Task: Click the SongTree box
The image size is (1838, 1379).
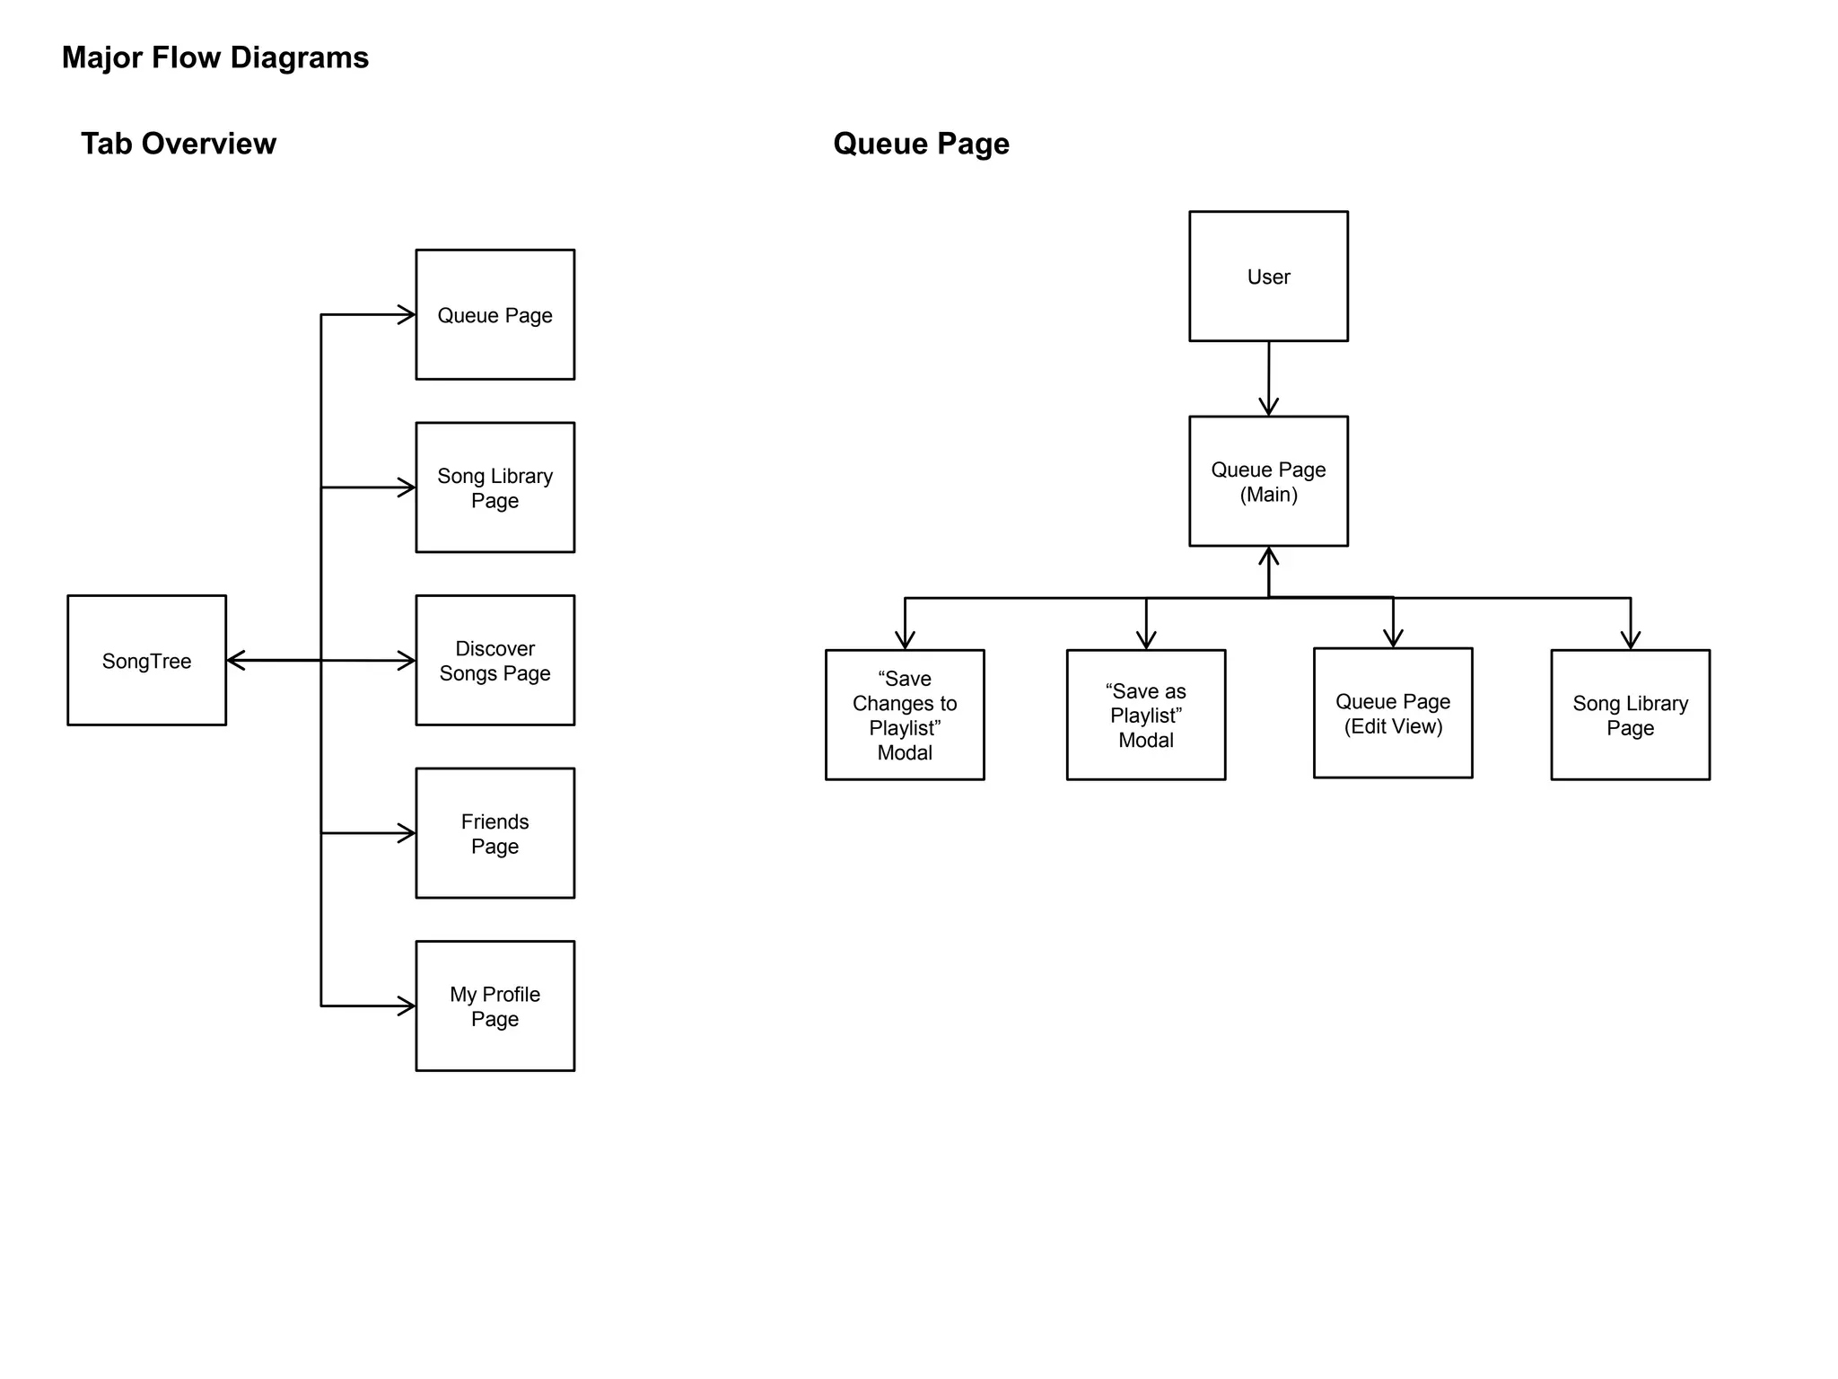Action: coord(146,660)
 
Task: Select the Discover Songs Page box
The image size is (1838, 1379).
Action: coord(495,660)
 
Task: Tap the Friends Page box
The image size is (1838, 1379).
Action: coord(495,833)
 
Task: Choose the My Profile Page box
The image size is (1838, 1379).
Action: coord(495,1006)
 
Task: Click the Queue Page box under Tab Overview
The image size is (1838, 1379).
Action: coord(495,314)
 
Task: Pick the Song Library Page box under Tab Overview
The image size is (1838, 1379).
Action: coord(495,487)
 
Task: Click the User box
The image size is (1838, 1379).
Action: coord(1268,277)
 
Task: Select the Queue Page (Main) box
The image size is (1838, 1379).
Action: coord(1268,481)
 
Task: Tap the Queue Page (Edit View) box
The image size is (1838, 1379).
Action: coord(1393,713)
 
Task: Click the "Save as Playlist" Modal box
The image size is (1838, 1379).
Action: coord(1145,715)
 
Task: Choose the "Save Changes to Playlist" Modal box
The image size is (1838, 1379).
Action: coord(905,715)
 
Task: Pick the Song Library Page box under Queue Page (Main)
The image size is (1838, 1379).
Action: coord(1630,715)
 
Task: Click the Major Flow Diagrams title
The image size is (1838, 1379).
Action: coord(215,57)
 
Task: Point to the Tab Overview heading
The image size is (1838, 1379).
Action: coord(179,144)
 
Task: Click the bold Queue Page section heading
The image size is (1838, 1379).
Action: coord(921,144)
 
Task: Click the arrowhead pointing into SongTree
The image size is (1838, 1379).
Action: coord(235,661)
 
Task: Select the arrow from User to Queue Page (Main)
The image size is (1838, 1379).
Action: coord(1268,377)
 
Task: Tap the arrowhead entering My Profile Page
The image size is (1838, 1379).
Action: coord(407,1006)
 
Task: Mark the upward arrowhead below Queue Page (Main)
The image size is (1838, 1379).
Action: coord(1268,556)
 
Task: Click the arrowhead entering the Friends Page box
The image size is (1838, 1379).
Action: coord(407,833)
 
